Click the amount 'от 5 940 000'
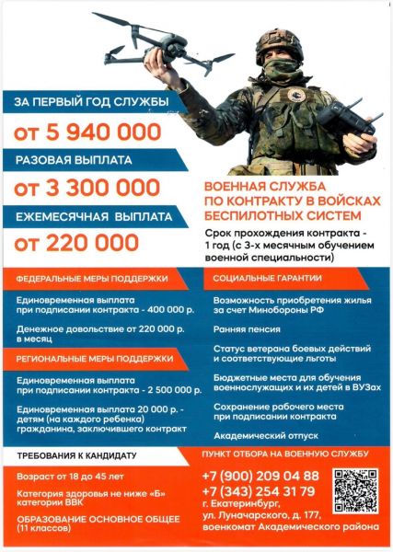click(87, 132)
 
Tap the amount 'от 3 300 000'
click(87, 189)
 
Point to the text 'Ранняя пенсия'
click(241, 324)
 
